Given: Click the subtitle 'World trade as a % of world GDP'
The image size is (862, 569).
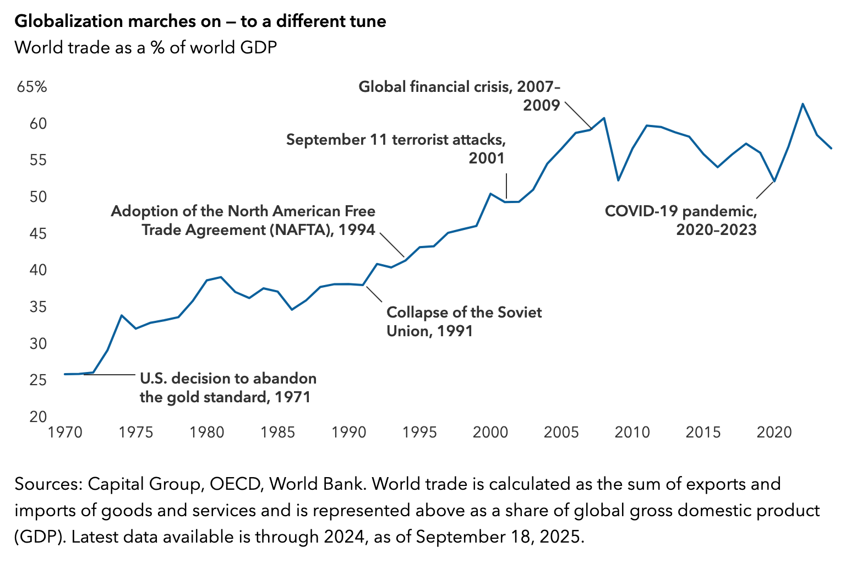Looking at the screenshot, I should point(145,47).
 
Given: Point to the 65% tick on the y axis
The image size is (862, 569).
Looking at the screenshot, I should point(32,87).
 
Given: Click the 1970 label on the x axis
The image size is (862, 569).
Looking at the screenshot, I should point(66,432).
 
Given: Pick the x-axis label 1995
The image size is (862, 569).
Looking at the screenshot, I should point(420,432).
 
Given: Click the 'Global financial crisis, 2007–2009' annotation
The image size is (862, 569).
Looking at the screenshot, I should point(459,96).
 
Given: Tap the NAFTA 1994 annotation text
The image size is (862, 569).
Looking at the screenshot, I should point(243,220).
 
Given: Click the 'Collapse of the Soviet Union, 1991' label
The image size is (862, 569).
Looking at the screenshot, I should point(463,321).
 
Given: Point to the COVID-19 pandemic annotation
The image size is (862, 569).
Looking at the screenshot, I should point(681,220).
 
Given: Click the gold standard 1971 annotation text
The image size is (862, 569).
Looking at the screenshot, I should point(228,387).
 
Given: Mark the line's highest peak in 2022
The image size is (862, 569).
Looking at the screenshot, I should point(803,103).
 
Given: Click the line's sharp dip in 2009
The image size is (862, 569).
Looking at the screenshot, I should point(618,180).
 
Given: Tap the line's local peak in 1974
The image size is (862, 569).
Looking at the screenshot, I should point(122,315).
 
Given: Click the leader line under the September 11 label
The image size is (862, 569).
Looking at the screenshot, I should point(506,185).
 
